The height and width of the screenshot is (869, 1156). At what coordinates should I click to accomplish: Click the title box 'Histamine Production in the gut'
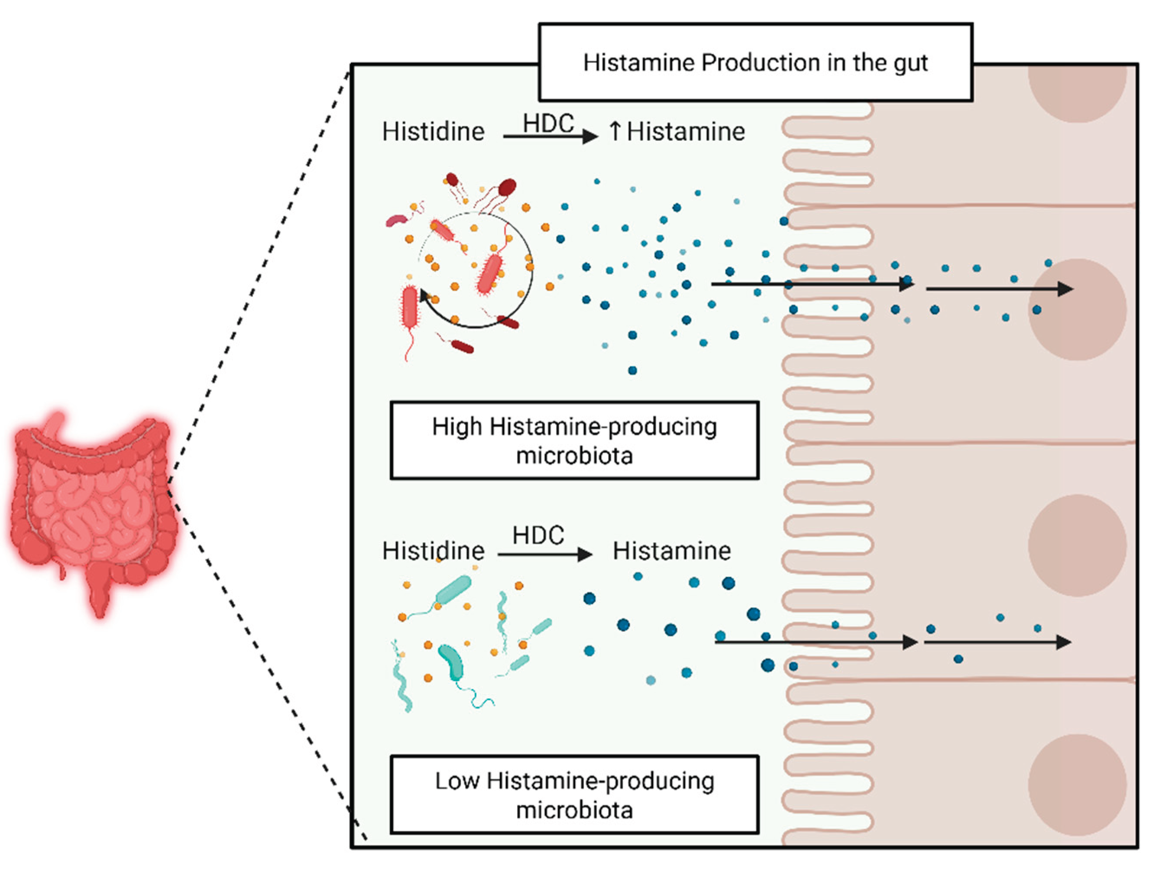[755, 62]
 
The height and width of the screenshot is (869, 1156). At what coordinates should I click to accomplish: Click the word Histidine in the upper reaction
[433, 132]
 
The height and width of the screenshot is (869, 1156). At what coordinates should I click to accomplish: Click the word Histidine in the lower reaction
[433, 551]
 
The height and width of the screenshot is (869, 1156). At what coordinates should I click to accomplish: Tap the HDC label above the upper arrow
[548, 124]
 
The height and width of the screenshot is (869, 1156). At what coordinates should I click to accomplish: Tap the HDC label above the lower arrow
[538, 535]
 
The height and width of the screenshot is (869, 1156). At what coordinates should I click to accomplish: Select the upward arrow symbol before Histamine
[615, 131]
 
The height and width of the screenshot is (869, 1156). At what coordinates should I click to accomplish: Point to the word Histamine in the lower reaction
[671, 551]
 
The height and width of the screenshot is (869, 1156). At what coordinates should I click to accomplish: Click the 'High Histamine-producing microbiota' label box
[574, 440]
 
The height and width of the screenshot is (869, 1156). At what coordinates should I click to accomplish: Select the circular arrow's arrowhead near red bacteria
[424, 295]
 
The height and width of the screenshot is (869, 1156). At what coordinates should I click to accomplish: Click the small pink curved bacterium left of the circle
[396, 220]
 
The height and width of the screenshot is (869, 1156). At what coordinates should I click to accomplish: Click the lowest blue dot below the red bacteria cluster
[632, 370]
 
